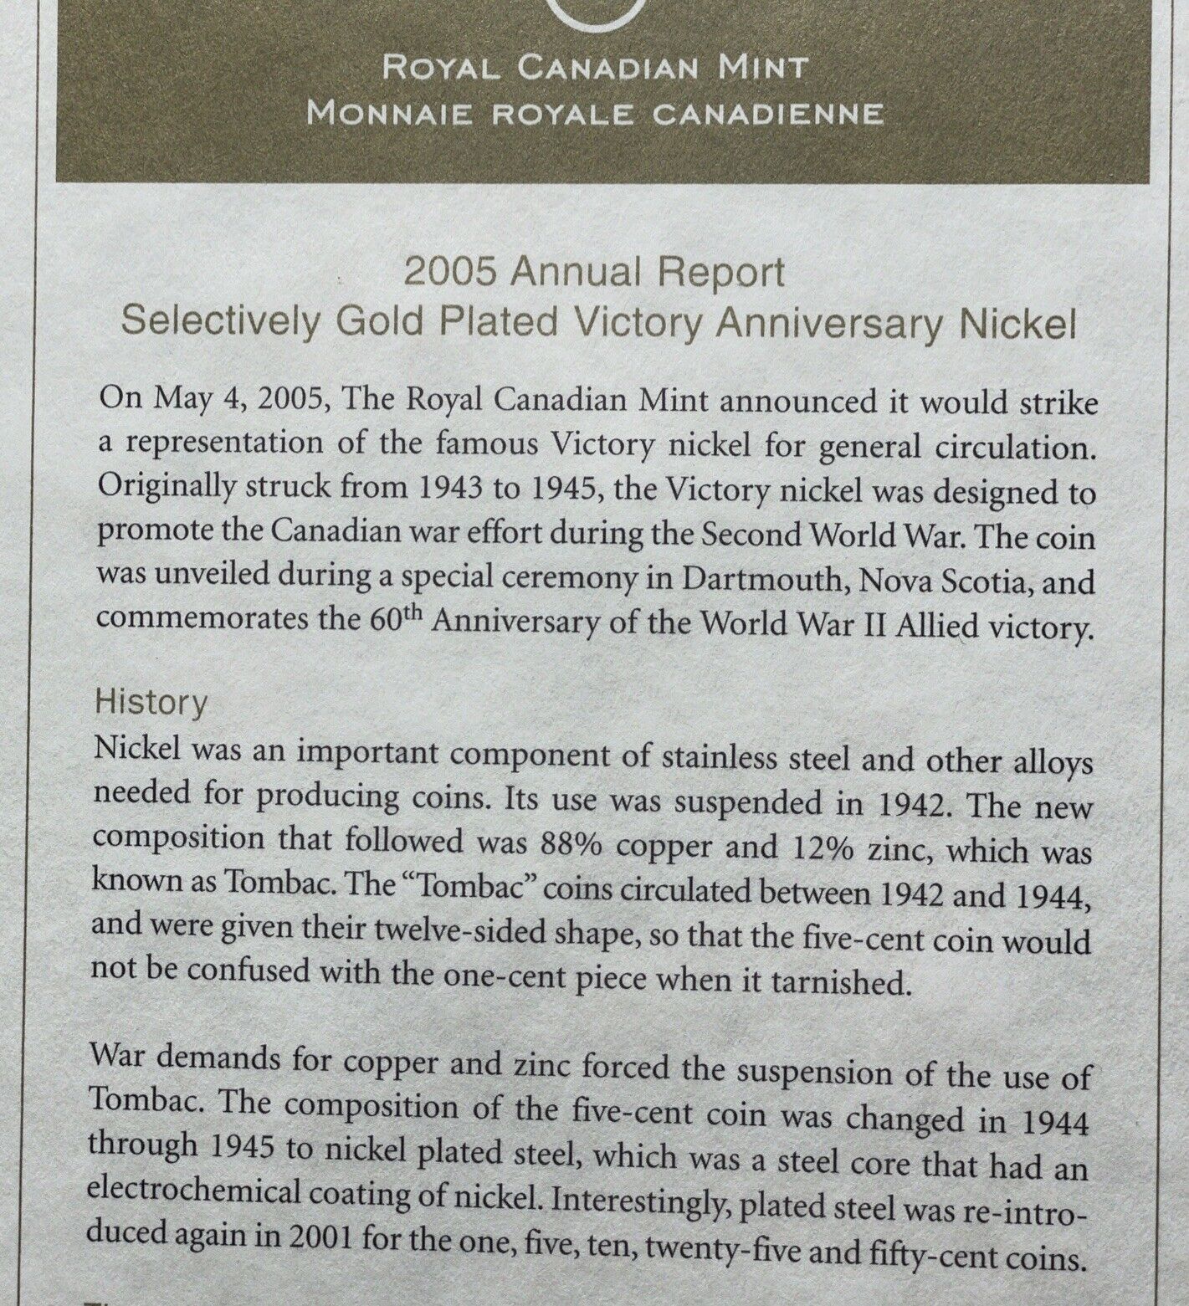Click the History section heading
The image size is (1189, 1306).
151,703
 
